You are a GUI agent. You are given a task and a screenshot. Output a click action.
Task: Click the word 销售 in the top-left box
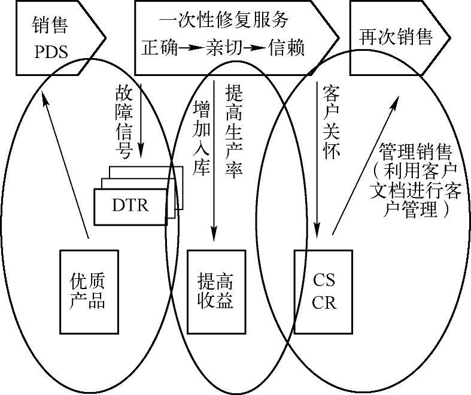tap(50, 26)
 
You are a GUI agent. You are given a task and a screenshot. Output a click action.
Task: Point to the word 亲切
tap(223, 48)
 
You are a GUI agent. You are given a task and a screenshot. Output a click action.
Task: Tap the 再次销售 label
tap(396, 37)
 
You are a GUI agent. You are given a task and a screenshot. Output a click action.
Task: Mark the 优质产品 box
tap(87, 291)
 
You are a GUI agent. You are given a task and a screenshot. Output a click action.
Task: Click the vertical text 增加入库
tap(202, 138)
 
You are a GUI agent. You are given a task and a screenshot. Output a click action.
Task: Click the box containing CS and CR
tap(324, 291)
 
